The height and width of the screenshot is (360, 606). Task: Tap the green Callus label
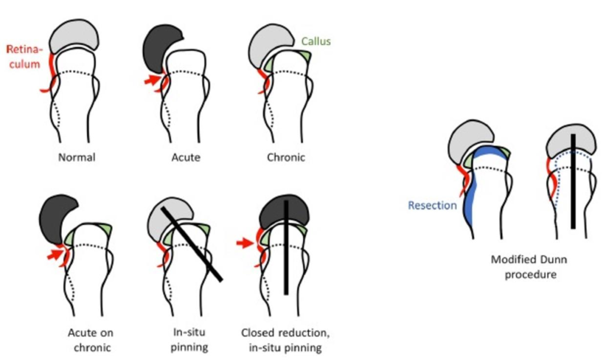[x=315, y=42]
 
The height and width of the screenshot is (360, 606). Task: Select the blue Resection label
[x=432, y=205]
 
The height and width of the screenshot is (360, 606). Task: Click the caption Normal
[x=78, y=158]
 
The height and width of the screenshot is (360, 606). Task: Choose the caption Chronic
[x=285, y=158]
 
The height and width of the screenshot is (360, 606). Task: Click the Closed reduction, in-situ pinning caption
[x=282, y=340]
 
